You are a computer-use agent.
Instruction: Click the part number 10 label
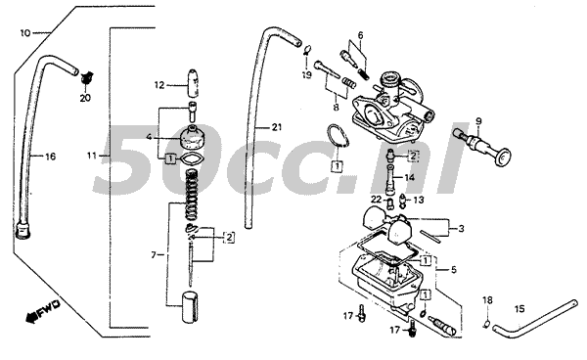coord(25,32)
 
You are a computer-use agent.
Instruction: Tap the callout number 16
coord(51,156)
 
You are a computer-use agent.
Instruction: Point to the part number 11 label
coord(92,156)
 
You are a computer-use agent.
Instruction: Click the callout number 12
coord(159,85)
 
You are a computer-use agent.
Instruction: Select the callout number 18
coord(487,299)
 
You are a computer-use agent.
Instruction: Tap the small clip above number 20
coord(86,75)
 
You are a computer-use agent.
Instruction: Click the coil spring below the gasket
coord(192,185)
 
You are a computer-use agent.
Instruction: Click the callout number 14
coord(409,177)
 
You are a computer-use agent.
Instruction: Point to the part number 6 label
coord(360,36)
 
